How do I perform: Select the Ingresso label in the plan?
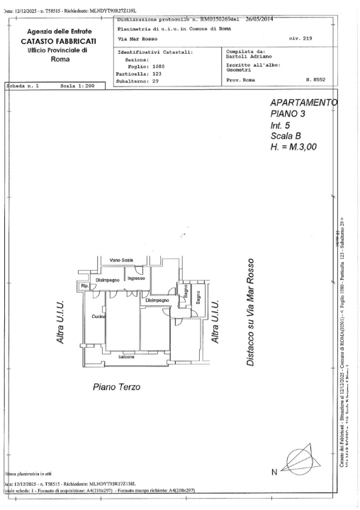135,278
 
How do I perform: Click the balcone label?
127,356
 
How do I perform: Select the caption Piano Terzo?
117,387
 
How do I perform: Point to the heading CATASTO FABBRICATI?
63,41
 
